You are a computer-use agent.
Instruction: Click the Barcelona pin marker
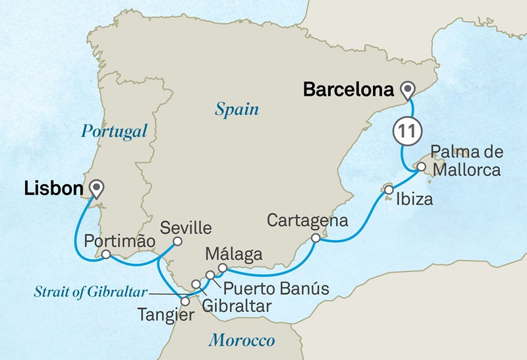410,90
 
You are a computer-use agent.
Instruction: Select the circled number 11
406,132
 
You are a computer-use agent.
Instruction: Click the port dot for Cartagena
316,237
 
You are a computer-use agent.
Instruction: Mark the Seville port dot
177,242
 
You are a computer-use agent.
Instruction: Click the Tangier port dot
185,301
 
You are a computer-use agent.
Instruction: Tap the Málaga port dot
223,267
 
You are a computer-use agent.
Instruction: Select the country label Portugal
113,131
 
